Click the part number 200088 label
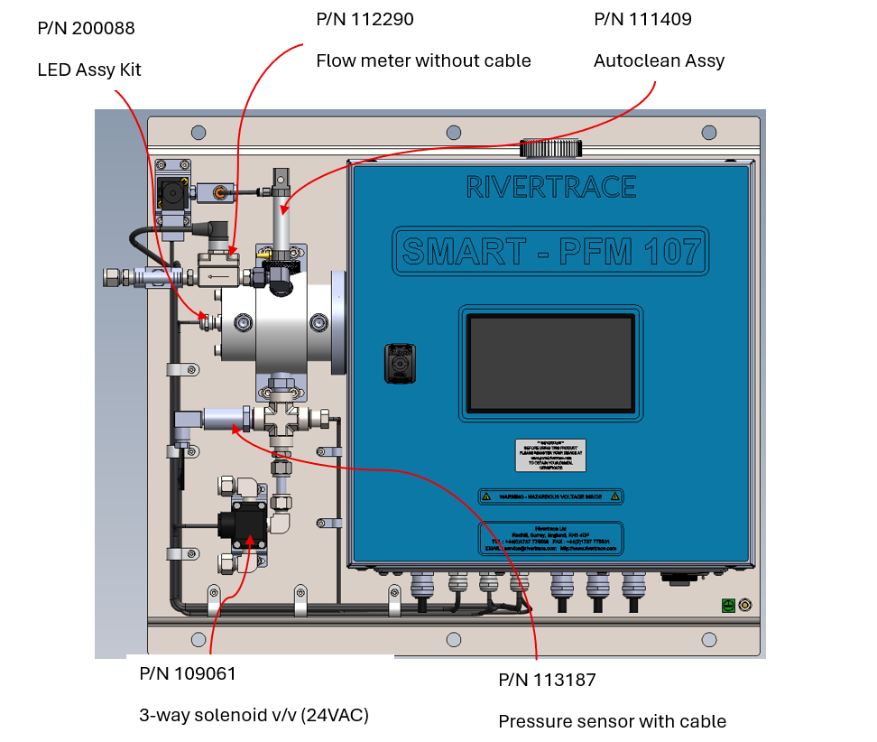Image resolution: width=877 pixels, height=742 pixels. tap(87, 29)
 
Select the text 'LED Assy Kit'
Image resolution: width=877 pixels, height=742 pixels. tap(89, 70)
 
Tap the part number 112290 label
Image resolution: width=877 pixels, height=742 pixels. tap(365, 19)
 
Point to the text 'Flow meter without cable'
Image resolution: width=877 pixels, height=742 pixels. tap(423, 60)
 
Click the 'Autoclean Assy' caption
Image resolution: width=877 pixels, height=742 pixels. tap(659, 60)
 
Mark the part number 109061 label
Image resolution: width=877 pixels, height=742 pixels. tap(188, 673)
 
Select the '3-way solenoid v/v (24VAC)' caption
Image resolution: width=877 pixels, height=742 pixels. tap(254, 715)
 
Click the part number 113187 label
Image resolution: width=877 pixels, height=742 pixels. tap(547, 680)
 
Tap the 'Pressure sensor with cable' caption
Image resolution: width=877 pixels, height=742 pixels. tap(612, 721)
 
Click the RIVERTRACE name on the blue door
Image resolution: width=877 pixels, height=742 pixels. tap(550, 187)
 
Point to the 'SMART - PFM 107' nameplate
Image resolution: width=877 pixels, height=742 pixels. tap(550, 249)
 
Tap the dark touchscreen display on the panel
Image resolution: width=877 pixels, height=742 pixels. tap(550, 363)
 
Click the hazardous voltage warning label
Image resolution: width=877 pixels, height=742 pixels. tap(550, 496)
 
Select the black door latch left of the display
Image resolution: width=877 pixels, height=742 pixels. tap(398, 362)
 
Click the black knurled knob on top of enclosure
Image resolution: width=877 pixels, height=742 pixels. tap(550, 148)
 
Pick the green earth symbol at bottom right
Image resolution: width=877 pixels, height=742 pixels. tap(727, 606)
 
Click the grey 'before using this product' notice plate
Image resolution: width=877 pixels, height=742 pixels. tap(550, 454)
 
